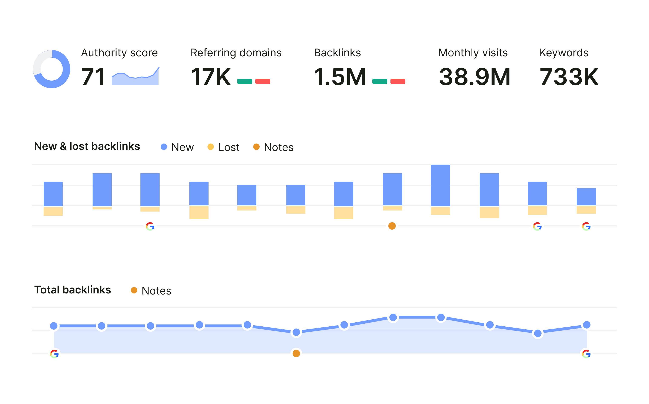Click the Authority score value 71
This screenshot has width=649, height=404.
93,77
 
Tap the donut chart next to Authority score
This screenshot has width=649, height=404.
52,69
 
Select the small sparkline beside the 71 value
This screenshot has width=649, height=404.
135,77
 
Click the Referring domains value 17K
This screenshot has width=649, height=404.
210,77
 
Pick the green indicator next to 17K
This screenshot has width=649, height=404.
244,81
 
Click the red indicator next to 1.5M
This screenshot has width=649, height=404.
398,81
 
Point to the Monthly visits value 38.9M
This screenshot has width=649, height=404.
474,77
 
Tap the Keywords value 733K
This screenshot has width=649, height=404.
569,77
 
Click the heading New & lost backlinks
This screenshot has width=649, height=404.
87,147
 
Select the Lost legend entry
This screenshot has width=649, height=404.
224,147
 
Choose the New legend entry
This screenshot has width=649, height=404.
177,147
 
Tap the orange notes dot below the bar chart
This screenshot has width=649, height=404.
392,226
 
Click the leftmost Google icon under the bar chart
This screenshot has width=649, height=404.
150,226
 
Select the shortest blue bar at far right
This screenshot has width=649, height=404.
586,196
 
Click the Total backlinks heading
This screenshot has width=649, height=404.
73,290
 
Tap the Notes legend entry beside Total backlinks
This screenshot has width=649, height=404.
151,290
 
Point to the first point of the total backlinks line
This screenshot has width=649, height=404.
54,326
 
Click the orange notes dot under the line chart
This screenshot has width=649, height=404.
296,353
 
